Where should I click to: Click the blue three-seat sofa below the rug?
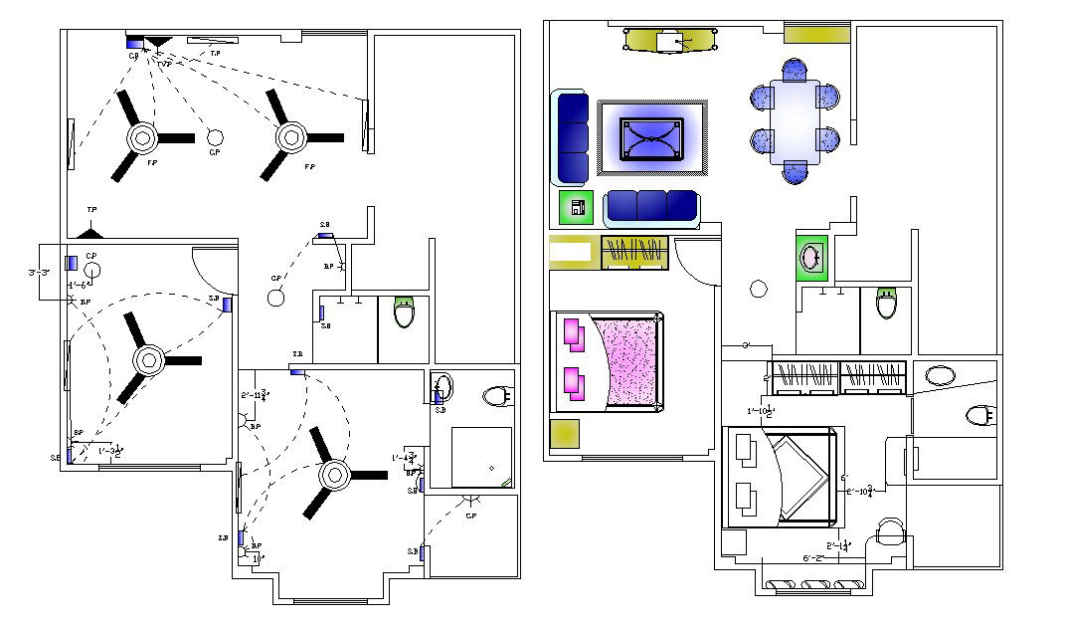[651, 206]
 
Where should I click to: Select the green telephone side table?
[576, 208]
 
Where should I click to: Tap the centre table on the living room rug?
[652, 137]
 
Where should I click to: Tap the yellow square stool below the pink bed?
[564, 434]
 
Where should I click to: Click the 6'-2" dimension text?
[812, 557]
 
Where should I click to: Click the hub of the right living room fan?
[291, 135]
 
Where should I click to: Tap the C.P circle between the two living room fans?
[214, 137]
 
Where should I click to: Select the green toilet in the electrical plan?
[404, 312]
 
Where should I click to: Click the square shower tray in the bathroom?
[482, 457]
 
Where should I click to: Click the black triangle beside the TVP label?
[158, 43]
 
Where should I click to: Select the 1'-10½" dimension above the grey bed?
[762, 411]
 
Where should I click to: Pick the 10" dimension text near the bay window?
[258, 559]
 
